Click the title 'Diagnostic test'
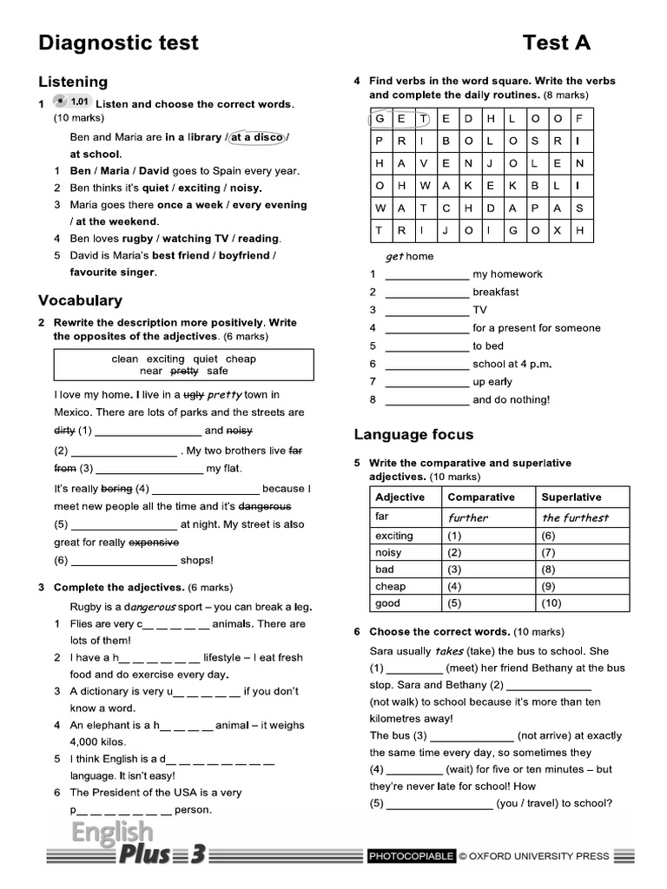click(x=118, y=43)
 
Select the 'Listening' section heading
click(x=73, y=82)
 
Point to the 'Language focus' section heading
click(x=413, y=434)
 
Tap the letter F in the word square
click(x=579, y=118)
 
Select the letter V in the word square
click(x=424, y=163)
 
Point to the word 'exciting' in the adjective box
click(x=165, y=359)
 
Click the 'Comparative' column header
click(x=480, y=497)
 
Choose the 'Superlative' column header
click(x=571, y=497)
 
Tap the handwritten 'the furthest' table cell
click(x=575, y=517)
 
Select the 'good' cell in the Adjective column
click(x=388, y=603)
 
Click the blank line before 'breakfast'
click(x=426, y=293)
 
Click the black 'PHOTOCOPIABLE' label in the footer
click(x=412, y=856)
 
